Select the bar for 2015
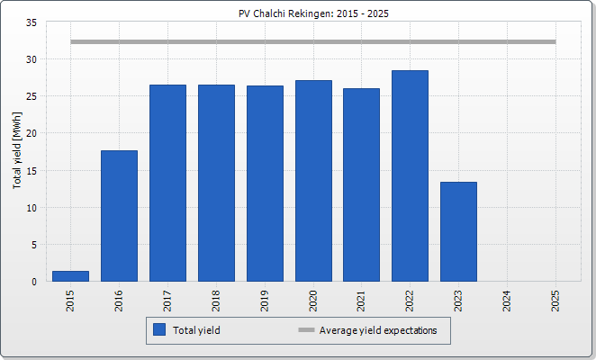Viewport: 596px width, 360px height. (x=70, y=276)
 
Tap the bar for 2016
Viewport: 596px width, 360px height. (x=119, y=216)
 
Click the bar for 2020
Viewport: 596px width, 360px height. (x=313, y=181)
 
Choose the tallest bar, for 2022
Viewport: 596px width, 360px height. (x=411, y=176)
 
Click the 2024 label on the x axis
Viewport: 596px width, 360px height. (x=508, y=301)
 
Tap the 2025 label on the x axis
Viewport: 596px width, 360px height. (x=556, y=301)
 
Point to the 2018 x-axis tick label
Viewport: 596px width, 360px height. (x=216, y=301)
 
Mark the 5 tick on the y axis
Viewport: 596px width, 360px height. (x=34, y=245)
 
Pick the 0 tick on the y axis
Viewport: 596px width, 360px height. (x=34, y=282)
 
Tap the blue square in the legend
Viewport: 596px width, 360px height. (x=159, y=330)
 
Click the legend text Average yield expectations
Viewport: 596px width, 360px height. (x=378, y=330)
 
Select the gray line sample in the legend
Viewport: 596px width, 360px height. (x=306, y=330)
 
